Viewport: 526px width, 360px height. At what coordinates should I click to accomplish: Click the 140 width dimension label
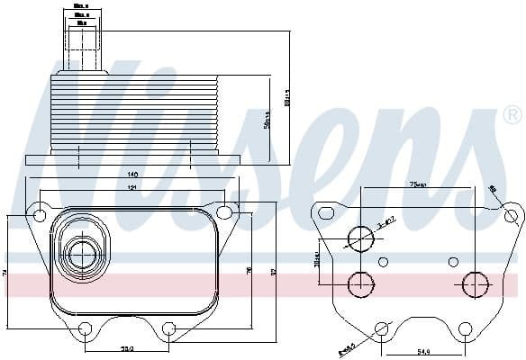pos(131,174)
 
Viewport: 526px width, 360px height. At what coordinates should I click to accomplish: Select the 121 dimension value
pos(131,188)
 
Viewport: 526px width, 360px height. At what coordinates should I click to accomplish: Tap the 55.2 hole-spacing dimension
pos(128,349)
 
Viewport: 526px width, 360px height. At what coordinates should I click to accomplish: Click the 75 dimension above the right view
pos(418,184)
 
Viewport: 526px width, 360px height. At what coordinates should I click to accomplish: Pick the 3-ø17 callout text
pos(386,220)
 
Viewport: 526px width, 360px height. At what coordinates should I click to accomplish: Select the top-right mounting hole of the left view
pos(225,212)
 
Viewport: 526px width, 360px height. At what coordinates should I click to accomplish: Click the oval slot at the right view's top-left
pos(325,214)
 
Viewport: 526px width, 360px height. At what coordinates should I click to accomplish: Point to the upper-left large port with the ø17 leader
pos(360,238)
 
